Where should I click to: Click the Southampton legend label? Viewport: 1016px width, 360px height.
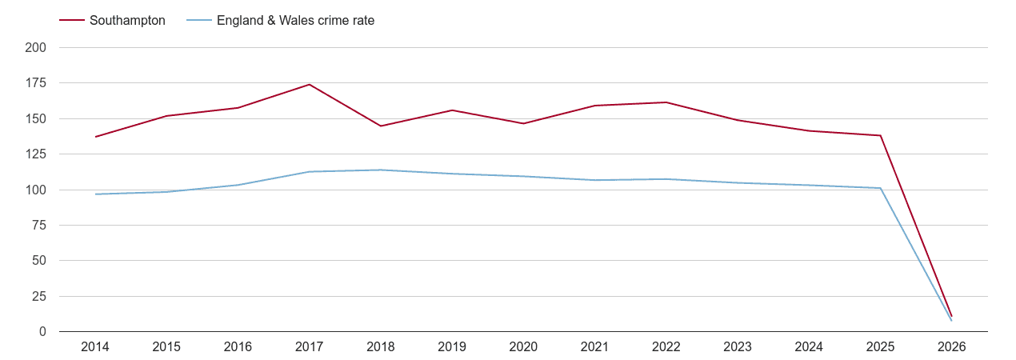[x=127, y=21]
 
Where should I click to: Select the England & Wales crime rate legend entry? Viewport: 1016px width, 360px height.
[x=295, y=21]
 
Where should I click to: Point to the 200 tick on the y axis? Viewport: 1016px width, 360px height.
[x=36, y=48]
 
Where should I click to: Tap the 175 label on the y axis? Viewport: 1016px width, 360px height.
[x=36, y=83]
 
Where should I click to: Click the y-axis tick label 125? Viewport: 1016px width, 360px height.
[x=36, y=154]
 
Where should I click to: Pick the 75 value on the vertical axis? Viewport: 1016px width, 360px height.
[x=39, y=226]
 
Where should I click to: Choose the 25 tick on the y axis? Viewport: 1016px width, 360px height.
[x=39, y=297]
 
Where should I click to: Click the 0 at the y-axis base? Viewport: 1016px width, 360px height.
[x=42, y=332]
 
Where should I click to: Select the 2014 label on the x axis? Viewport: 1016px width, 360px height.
[x=95, y=347]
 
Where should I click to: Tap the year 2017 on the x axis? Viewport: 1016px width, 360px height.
[x=309, y=347]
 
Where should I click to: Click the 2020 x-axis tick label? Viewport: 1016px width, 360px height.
[x=523, y=347]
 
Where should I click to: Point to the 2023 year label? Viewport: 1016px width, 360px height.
[x=738, y=347]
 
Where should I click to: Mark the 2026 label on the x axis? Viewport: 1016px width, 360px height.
[x=951, y=347]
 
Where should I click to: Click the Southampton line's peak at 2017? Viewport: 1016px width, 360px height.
[x=309, y=85]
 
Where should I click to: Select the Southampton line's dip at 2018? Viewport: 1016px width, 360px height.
[x=381, y=126]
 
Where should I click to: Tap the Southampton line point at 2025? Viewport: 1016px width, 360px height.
[x=880, y=135]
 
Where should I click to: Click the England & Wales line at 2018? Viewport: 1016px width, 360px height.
[x=381, y=170]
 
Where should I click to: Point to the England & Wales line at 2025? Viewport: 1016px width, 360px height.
[x=880, y=188]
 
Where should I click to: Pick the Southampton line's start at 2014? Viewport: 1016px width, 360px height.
[x=95, y=137]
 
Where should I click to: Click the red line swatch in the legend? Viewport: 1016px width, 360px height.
[x=72, y=21]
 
